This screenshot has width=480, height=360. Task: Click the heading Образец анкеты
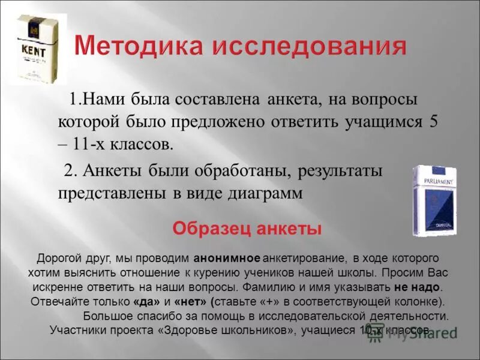(247, 229)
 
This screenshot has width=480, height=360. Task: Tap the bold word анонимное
(227, 259)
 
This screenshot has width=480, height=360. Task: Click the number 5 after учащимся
(433, 121)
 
